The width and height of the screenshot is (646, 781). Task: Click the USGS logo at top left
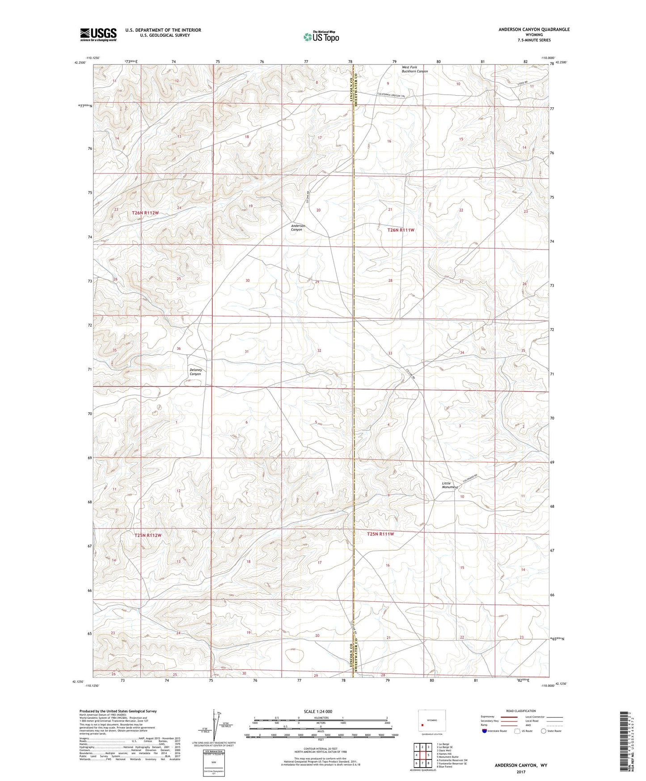tap(98, 34)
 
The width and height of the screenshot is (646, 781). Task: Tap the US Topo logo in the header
tap(321, 37)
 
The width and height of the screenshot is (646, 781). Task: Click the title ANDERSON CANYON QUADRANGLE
tap(534, 30)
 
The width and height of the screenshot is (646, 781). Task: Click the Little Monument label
tap(449, 485)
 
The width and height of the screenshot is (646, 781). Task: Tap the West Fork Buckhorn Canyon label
tap(414, 69)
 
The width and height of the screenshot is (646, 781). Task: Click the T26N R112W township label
tap(145, 213)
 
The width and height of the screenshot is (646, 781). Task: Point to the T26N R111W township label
tap(401, 230)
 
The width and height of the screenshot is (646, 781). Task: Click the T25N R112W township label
tap(148, 535)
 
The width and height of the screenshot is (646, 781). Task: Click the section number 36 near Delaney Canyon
tap(179, 348)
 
